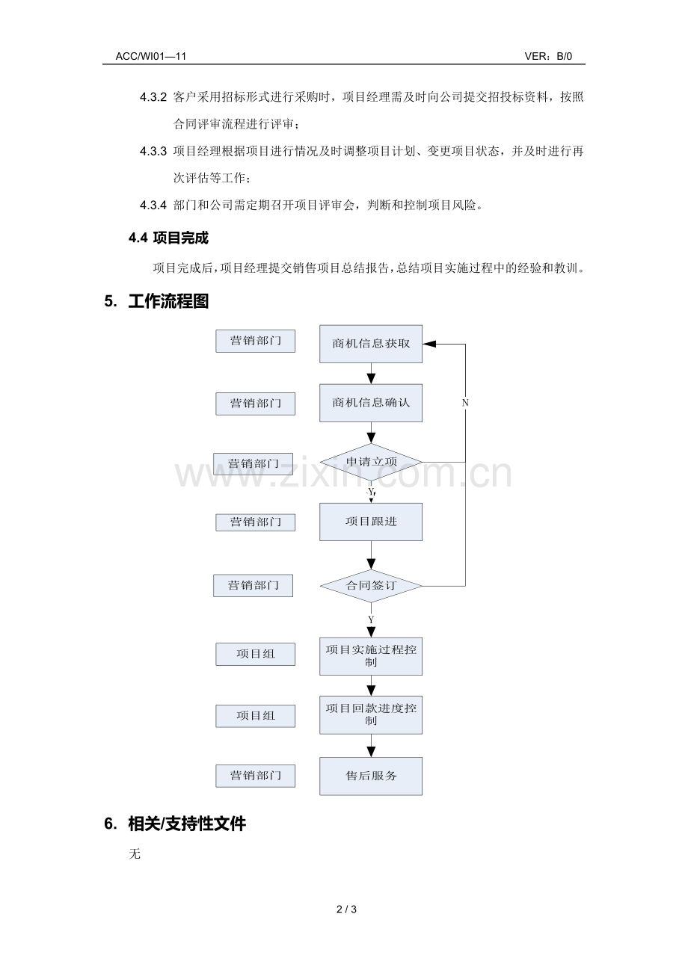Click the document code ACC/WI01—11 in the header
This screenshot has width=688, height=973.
point(151,56)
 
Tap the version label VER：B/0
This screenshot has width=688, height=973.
point(548,56)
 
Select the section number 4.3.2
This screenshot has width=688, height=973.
point(153,97)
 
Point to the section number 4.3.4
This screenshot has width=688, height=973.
point(153,205)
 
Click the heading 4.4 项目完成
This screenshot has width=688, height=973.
point(168,238)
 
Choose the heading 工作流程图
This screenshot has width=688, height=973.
point(168,301)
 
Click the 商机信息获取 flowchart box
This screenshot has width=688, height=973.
point(371,344)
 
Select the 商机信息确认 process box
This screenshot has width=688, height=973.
point(371,403)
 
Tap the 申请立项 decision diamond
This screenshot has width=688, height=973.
point(371,462)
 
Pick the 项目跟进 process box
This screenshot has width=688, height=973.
point(371,522)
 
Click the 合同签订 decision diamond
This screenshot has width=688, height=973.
point(371,586)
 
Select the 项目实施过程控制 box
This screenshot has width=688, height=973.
point(371,656)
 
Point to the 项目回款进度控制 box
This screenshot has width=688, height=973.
point(371,715)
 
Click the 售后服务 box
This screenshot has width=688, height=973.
point(371,776)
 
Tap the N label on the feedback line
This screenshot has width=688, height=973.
point(465,403)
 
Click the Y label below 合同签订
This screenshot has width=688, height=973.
point(371,620)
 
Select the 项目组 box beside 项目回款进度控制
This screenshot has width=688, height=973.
point(256,716)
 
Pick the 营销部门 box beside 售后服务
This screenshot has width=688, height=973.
point(256,776)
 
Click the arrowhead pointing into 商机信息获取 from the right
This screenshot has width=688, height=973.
point(429,344)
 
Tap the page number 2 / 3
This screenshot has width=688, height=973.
point(346,909)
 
